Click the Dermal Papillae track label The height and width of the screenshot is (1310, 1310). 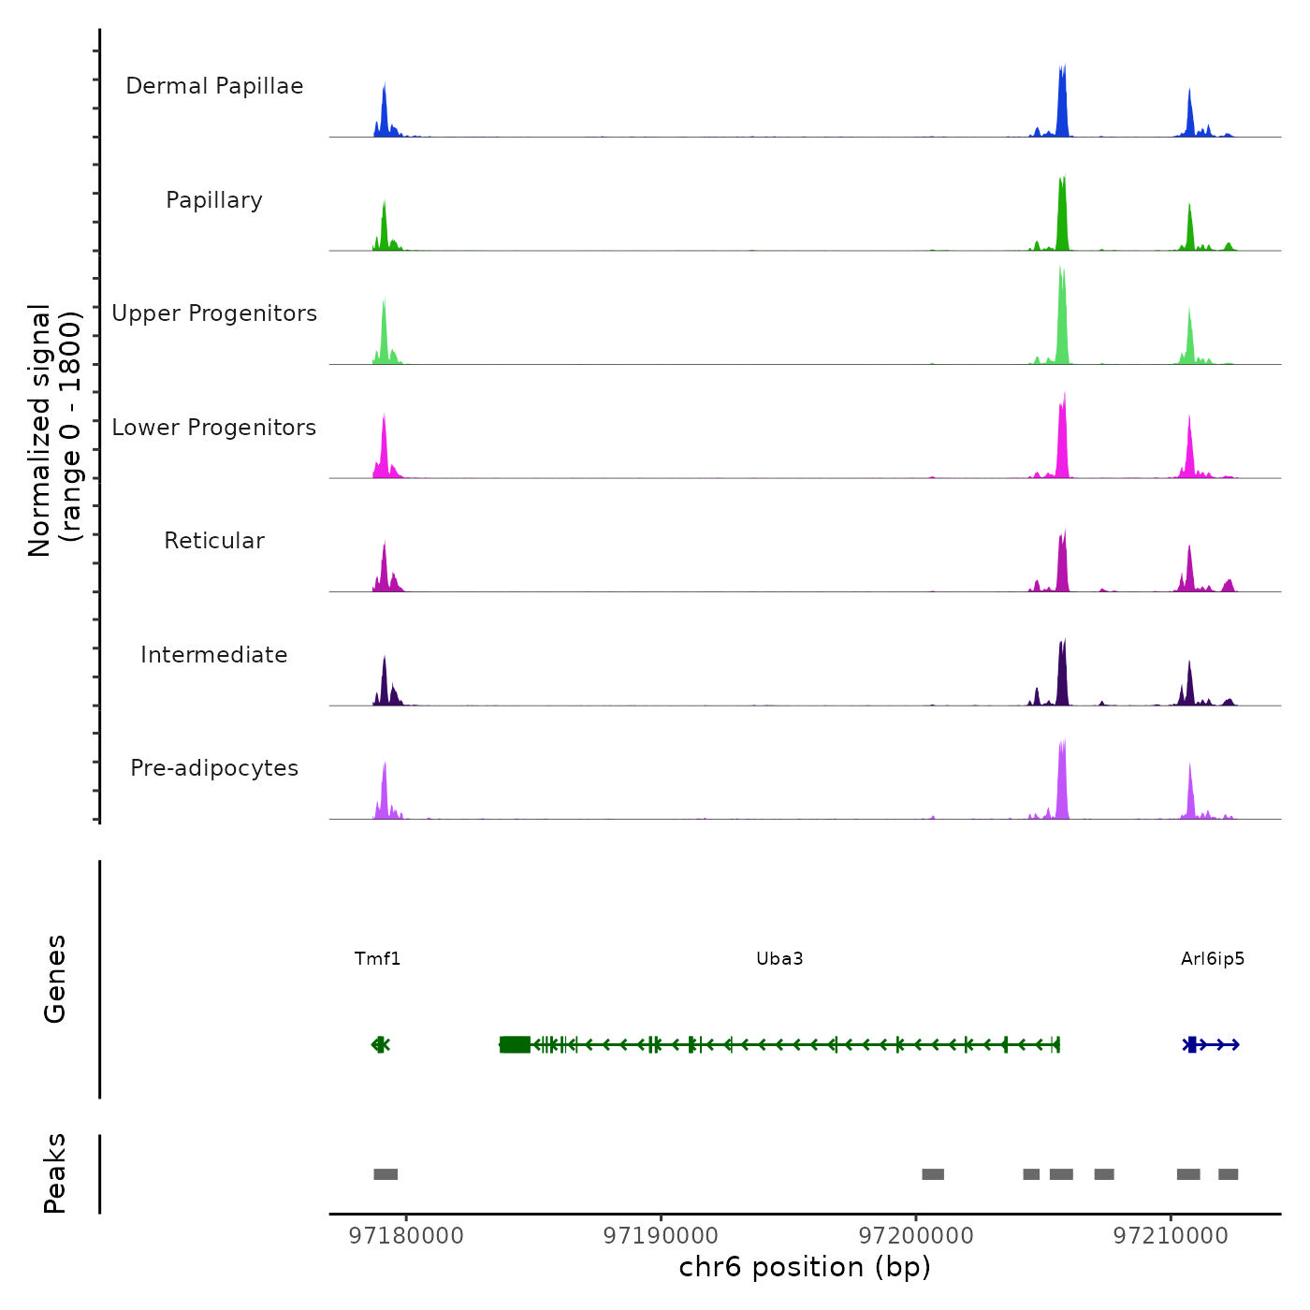214,86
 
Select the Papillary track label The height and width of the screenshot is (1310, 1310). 214,200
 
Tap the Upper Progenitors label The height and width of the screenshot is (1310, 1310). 214,313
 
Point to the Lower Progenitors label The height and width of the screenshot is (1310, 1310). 214,428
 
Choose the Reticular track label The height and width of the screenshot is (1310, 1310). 214,541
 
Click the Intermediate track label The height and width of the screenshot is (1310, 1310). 214,655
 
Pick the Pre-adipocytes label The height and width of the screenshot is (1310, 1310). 214,768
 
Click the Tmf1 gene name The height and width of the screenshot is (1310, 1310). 377,959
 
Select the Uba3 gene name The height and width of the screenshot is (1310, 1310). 779,959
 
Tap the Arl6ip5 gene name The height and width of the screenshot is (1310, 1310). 1213,959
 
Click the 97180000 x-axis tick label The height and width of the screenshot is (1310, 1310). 406,1236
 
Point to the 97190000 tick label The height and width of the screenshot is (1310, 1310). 661,1236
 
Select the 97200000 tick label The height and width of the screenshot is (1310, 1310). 916,1236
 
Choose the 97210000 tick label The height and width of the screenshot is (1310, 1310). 1171,1236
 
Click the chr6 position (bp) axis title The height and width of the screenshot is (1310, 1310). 805,1268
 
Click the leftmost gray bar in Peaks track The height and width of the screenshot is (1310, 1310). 386,1174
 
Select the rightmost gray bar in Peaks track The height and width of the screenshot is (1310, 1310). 1228,1174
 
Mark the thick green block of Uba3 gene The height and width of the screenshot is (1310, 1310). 515,1044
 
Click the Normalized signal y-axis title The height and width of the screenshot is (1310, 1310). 55,429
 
